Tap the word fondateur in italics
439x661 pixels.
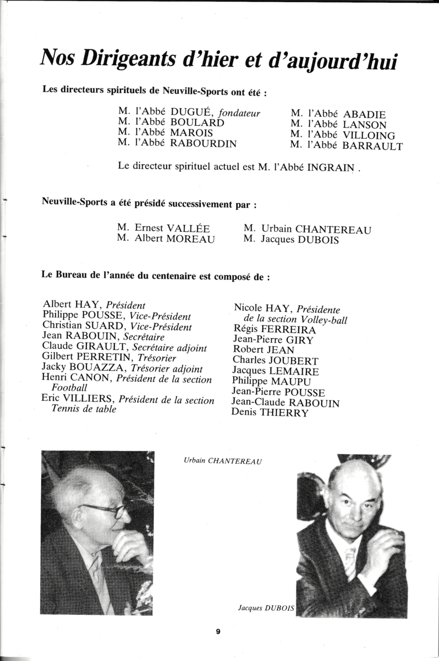coord(239,113)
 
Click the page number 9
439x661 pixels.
coord(218,632)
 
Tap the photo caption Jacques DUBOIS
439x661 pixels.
coord(266,608)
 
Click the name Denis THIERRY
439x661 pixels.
coord(270,413)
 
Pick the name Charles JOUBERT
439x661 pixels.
coord(276,361)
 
